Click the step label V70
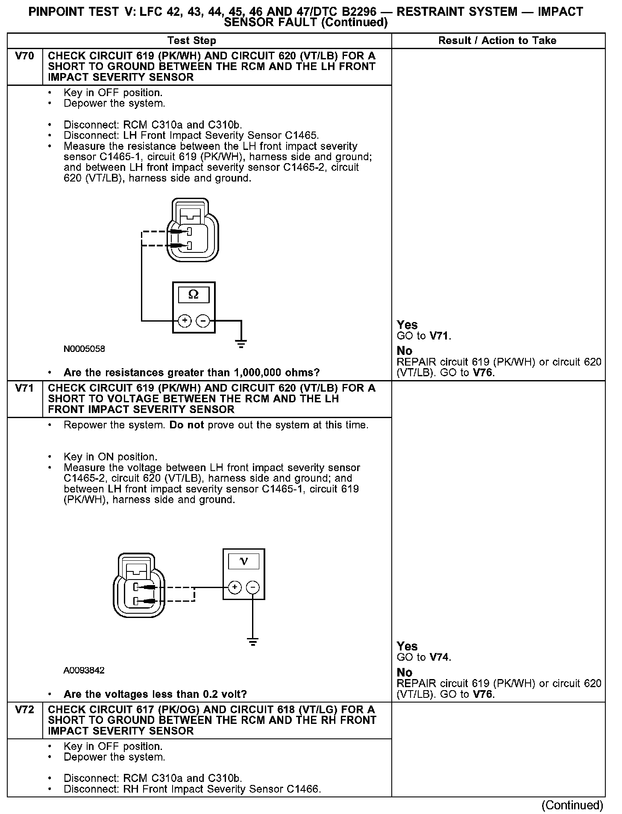24,56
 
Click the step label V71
24,388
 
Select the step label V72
24,710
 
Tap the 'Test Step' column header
192,41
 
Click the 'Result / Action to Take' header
497,41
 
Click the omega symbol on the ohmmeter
194,295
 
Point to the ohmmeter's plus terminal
185,320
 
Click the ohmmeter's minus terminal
203,320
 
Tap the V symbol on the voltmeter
244,561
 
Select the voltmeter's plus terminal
235,588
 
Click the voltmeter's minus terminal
253,588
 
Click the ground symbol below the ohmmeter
241,344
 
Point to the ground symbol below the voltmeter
253,641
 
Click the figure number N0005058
84,349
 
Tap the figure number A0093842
84,670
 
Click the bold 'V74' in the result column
440,657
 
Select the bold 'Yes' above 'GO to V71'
407,325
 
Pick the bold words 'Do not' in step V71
187,425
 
